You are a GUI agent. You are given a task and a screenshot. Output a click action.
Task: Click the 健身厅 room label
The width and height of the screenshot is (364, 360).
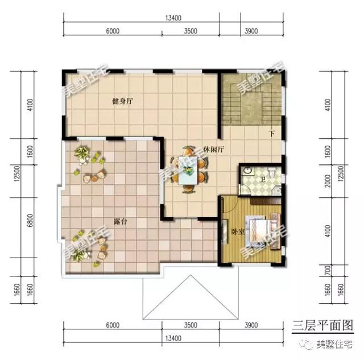(122, 101)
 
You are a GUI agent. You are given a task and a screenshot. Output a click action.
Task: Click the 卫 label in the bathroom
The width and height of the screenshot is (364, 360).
(262, 180)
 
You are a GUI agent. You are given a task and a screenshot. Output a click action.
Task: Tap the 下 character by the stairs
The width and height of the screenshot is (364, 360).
(272, 135)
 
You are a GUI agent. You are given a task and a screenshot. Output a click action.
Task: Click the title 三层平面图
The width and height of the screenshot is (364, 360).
(322, 325)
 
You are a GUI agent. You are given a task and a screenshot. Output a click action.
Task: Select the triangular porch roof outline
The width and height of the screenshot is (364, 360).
(188, 296)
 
